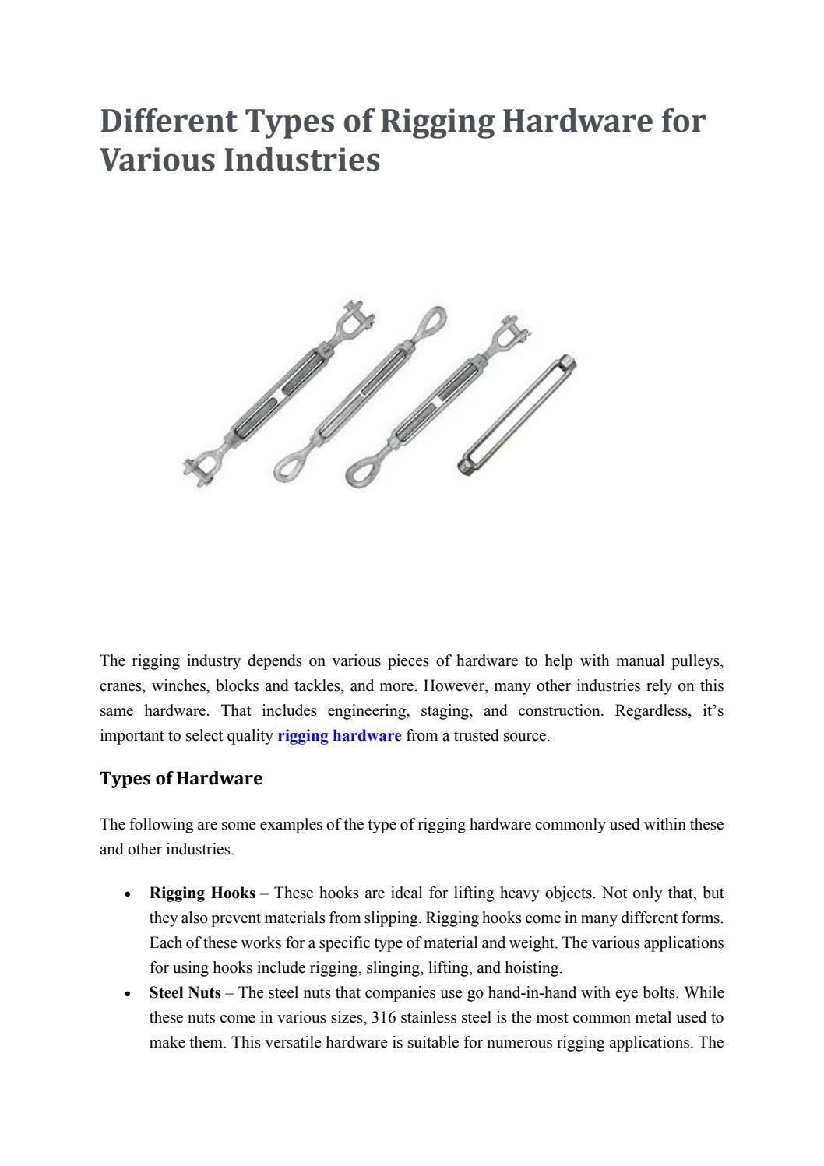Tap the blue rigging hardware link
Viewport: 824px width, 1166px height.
coord(339,736)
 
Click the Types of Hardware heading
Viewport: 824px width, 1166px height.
coord(181,778)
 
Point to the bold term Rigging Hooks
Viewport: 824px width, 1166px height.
coord(202,893)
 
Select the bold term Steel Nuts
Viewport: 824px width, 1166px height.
coord(185,992)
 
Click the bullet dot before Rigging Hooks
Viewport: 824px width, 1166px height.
coord(126,894)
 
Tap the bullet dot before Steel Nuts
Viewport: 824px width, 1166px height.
coord(126,994)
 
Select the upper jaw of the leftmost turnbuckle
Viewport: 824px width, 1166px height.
coord(356,319)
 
